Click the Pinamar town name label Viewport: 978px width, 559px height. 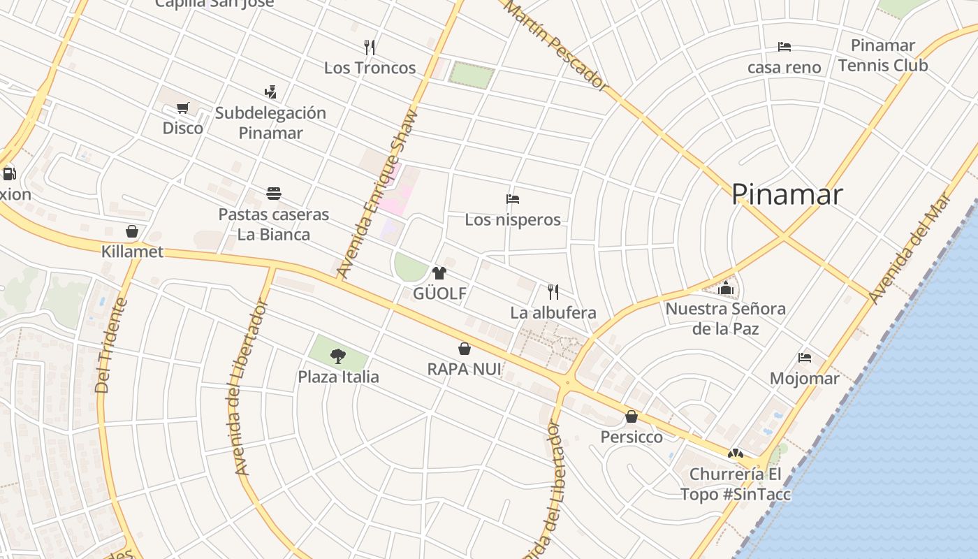pyautogui.click(x=787, y=194)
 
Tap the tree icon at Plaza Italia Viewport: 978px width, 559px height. pyautogui.click(x=338, y=356)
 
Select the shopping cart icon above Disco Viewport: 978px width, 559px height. pyautogui.click(x=183, y=108)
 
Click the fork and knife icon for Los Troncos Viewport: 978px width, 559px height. pyautogui.click(x=370, y=48)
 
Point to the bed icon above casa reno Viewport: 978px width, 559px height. pyautogui.click(x=784, y=47)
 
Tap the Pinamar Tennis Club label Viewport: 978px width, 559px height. pyautogui.click(x=883, y=56)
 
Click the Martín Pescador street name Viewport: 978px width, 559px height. pyautogui.click(x=555, y=45)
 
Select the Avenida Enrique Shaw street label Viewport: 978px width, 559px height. pyautogui.click(x=377, y=194)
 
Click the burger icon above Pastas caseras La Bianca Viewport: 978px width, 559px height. pyautogui.click(x=274, y=194)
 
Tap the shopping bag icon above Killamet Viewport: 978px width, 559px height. pyautogui.click(x=132, y=231)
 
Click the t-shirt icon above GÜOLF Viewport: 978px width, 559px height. pyautogui.click(x=439, y=273)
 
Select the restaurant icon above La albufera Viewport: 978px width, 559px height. pyautogui.click(x=553, y=291)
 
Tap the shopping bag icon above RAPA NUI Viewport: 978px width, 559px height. pyautogui.click(x=464, y=349)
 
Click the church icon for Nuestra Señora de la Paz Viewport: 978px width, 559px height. pyautogui.click(x=726, y=288)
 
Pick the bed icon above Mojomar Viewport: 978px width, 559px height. pyautogui.click(x=805, y=358)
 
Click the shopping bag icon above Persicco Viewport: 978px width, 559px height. pyautogui.click(x=632, y=416)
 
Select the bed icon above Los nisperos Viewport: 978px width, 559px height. pyautogui.click(x=513, y=199)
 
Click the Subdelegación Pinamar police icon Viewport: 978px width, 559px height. pyautogui.click(x=270, y=92)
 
